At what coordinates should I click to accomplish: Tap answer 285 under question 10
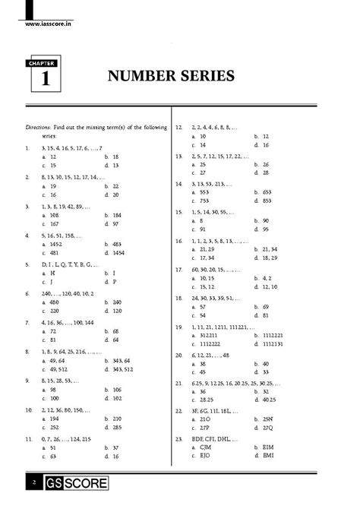112,427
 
